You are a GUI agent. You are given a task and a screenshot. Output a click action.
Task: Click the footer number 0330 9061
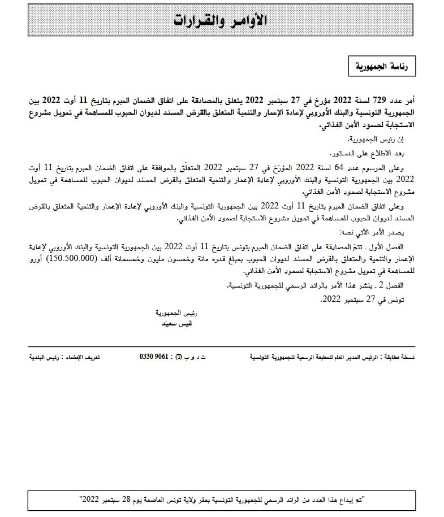153,358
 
